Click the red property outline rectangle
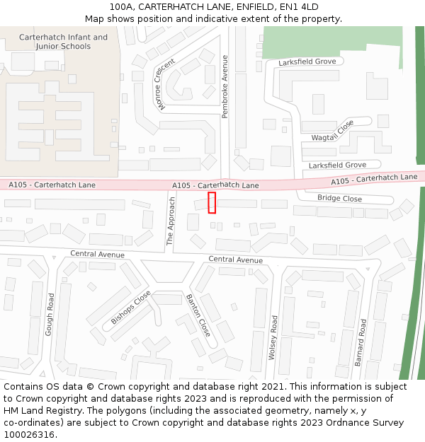[x=212, y=202]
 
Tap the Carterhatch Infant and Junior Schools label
[x=64, y=42]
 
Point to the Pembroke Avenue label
[x=225, y=86]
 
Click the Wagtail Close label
[x=332, y=130]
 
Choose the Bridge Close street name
[x=339, y=199]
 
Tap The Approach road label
[x=171, y=221]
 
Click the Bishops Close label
[x=131, y=308]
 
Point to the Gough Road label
[x=50, y=315]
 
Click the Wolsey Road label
[x=273, y=338]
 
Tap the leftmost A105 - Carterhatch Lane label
[x=52, y=185]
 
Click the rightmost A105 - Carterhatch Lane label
[x=374, y=179]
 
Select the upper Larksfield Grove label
[x=307, y=62]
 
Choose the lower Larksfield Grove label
[x=337, y=165]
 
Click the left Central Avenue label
[x=97, y=255]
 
